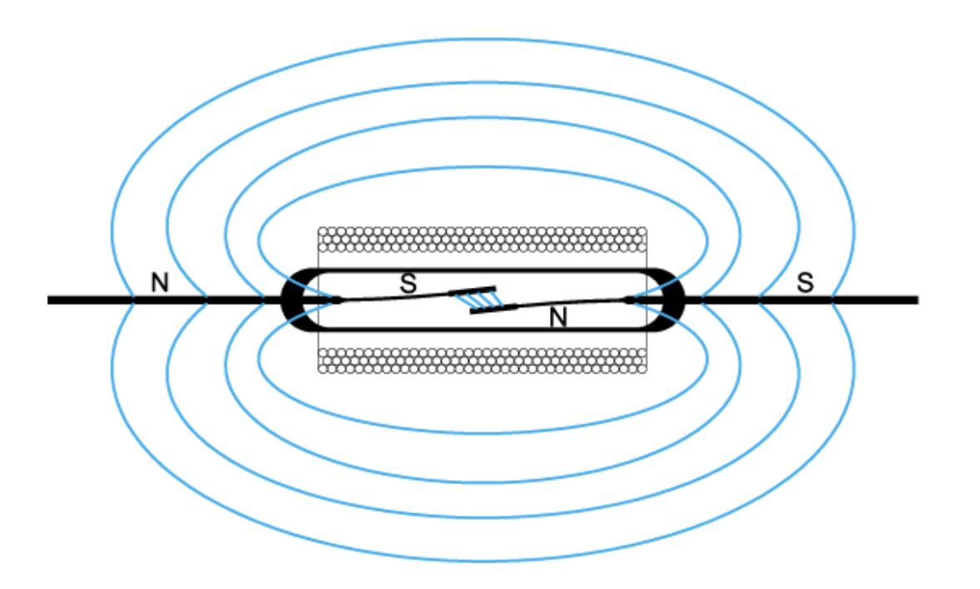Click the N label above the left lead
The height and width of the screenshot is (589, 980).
point(160,283)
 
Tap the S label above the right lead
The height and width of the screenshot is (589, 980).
point(805,283)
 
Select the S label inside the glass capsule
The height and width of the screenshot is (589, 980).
point(408,283)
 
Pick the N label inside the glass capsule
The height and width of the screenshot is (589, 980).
point(558,318)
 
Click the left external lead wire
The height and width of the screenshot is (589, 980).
point(165,300)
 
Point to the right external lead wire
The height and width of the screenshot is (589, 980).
point(801,300)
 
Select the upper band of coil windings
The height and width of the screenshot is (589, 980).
point(483,240)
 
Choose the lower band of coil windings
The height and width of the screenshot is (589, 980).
point(483,361)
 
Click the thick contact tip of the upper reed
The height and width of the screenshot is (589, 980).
point(473,291)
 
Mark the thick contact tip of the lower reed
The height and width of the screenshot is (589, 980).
point(494,309)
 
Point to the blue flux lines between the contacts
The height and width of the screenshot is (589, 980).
point(480,301)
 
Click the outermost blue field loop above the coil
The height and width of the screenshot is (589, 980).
point(483,39)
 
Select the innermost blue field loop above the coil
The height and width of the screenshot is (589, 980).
point(483,167)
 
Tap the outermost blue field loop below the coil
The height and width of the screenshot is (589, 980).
point(483,560)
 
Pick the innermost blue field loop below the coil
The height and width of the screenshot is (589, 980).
point(483,432)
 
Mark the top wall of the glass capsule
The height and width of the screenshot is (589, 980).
point(483,270)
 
